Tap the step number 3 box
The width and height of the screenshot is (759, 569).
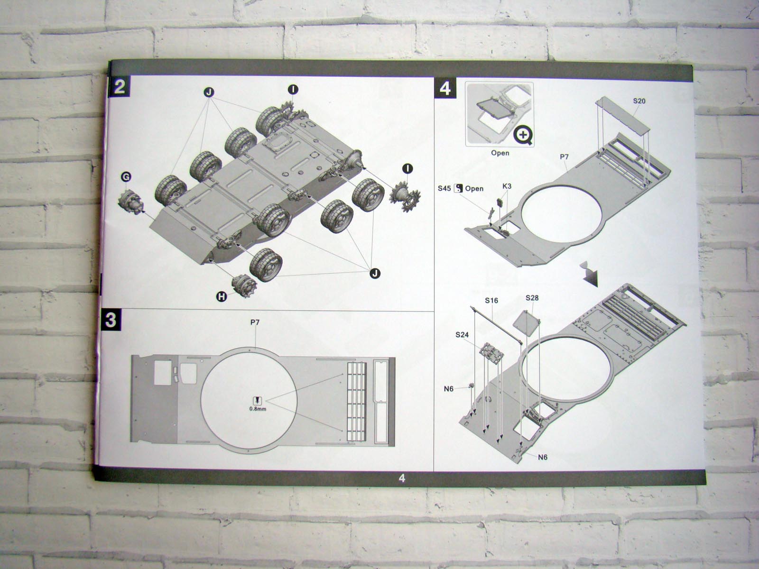pos(111,320)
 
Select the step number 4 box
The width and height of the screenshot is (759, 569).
pos(445,88)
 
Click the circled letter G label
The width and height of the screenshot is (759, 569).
pos(126,177)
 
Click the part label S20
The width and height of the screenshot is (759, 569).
pos(639,101)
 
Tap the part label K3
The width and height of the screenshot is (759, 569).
pos(506,186)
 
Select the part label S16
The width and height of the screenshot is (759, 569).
pos(491,301)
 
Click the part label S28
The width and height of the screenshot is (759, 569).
pos(532,298)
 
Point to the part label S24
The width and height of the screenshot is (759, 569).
pos(462,335)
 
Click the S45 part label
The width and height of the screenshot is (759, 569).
pos(444,188)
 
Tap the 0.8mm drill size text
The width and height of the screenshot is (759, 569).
pos(258,409)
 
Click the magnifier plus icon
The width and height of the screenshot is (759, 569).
pos(523,135)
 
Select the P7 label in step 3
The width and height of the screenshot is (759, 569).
pos(255,322)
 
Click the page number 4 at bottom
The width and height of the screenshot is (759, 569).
pos(402,478)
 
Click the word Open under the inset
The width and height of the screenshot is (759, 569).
pos(500,153)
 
